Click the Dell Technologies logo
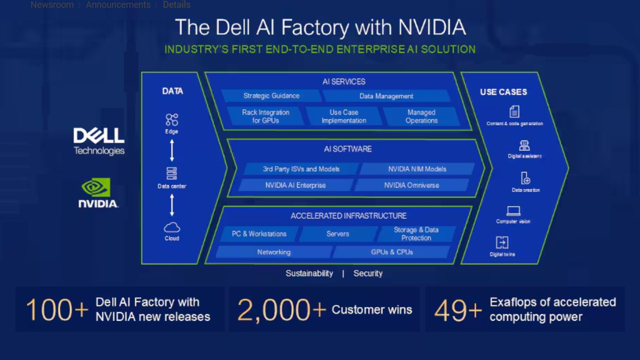click(x=99, y=140)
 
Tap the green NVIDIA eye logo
click(x=96, y=188)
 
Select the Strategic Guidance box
click(x=271, y=96)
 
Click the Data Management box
click(x=386, y=96)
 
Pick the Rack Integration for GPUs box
click(x=265, y=116)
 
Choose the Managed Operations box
click(x=421, y=116)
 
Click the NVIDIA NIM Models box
click(x=417, y=169)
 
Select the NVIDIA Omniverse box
click(x=411, y=185)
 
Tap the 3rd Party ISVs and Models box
click(x=301, y=169)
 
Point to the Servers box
click(x=338, y=234)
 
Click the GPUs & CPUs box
click(x=392, y=252)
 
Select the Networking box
click(x=274, y=252)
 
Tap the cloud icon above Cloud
click(x=172, y=227)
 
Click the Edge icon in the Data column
click(x=172, y=120)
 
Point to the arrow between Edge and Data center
click(x=172, y=150)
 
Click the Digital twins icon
click(x=502, y=242)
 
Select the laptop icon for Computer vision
click(x=513, y=211)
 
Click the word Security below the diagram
click(x=368, y=274)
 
